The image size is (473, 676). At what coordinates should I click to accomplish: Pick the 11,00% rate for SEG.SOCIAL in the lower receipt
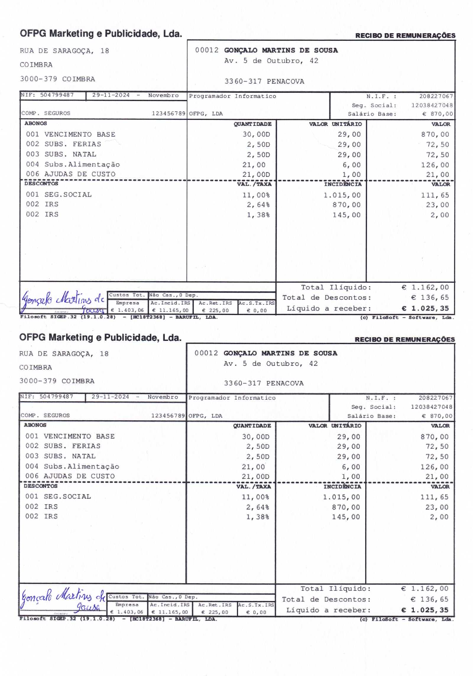pos(255,497)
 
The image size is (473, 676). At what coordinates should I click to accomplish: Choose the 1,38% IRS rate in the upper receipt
pos(258,215)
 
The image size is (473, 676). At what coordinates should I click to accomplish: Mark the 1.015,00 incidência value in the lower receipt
pos(341,497)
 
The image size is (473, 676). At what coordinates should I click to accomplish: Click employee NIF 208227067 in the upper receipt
pos(436,96)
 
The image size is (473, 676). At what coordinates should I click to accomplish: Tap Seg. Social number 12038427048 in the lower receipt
pos(431,407)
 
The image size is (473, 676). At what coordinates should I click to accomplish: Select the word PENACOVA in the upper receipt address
pos(285,81)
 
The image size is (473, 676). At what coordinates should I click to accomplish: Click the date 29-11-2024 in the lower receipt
pos(110,396)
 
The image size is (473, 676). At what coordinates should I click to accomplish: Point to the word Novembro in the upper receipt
pos(163,95)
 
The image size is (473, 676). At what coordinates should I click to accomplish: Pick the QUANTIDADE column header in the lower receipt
pos(252,425)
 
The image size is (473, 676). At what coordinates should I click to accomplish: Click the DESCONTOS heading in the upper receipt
pos(41,183)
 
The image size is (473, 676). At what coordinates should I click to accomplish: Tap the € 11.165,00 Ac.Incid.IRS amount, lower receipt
pos(170,612)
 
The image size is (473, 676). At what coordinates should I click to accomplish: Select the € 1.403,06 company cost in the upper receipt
pos(127,310)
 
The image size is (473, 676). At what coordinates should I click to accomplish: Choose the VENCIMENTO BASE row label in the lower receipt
pos(79,436)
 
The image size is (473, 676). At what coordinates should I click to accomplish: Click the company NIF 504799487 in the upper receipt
pos(57,95)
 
